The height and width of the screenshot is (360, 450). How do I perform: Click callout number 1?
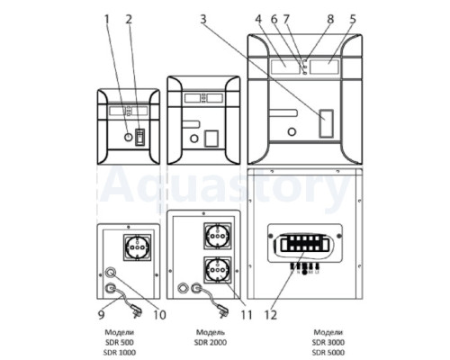[x=105, y=20]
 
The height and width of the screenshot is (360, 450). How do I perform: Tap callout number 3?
[x=203, y=20]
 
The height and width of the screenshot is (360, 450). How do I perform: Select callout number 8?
[x=330, y=20]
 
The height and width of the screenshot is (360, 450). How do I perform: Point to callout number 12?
[x=271, y=315]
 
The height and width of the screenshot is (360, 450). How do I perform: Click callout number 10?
[x=159, y=315]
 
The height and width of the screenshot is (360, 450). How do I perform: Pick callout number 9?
[x=101, y=315]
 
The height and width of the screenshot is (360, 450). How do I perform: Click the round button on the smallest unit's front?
[x=128, y=138]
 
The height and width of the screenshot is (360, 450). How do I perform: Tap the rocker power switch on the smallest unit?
[x=139, y=137]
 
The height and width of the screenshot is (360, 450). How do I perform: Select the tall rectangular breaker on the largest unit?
[x=326, y=123]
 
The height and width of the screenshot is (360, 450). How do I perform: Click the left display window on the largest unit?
[x=285, y=67]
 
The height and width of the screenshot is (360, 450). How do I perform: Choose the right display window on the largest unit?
[x=324, y=67]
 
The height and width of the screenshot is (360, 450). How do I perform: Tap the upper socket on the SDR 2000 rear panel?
[x=218, y=236]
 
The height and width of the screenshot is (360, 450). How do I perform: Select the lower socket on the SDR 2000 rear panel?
[x=218, y=270]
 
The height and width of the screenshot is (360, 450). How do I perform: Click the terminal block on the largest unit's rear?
[x=304, y=243]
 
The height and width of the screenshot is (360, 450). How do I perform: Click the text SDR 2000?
[x=211, y=342]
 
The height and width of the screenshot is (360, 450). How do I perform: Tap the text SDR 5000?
[x=328, y=352]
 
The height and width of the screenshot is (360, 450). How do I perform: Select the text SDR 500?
[x=120, y=342]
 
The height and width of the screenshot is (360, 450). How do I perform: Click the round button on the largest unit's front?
[x=292, y=131]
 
